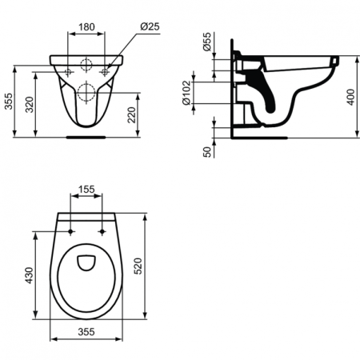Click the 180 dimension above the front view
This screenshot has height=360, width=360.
86,26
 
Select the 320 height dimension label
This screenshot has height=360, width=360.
30,102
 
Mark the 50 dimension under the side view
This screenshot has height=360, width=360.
208,150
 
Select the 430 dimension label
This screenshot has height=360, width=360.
30,276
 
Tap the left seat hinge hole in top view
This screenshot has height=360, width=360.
70,233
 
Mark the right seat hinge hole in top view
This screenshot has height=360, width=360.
104,233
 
